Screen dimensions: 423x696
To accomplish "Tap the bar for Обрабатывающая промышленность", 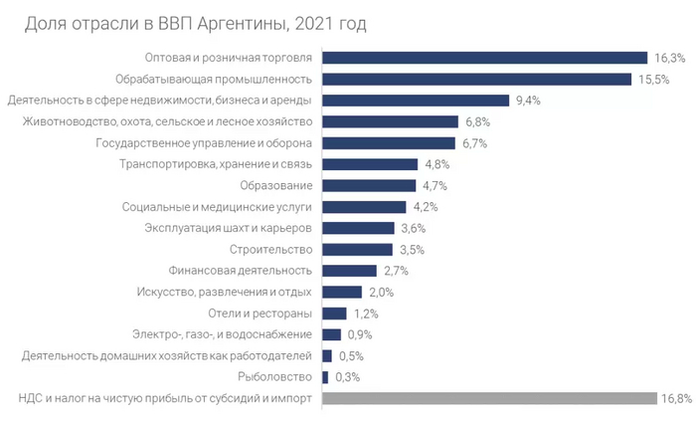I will (x=477, y=79).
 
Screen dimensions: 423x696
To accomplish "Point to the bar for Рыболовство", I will (x=326, y=376).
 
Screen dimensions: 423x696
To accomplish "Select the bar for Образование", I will (x=369, y=185).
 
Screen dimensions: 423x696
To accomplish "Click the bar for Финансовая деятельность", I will (x=350, y=271).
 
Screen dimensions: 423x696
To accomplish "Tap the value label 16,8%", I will (x=675, y=398).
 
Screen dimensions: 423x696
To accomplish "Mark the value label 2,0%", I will (x=382, y=293).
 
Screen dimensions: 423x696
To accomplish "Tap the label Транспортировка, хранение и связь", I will (x=216, y=164).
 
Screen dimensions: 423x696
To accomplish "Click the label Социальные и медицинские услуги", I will (x=218, y=207).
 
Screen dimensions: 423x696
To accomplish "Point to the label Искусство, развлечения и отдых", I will (x=224, y=292).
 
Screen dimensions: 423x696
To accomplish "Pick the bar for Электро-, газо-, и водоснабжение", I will (x=332, y=334).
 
